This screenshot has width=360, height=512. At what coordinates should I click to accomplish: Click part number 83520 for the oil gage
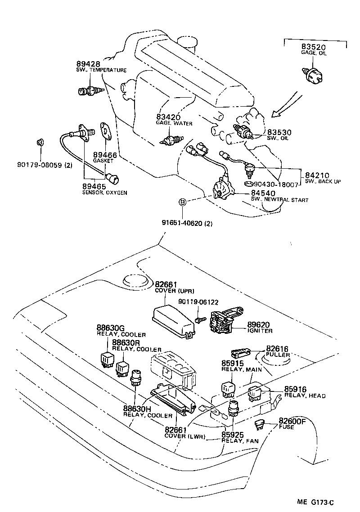point(314,47)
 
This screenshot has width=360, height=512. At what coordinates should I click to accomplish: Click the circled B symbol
point(183,202)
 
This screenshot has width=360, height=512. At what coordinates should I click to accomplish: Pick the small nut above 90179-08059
point(40,143)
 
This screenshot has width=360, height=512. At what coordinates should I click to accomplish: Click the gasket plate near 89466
point(106,130)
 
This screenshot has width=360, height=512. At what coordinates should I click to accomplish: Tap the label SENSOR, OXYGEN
point(104,193)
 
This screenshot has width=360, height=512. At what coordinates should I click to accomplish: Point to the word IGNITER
point(260,331)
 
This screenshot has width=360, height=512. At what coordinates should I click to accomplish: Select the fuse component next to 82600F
point(261,422)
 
